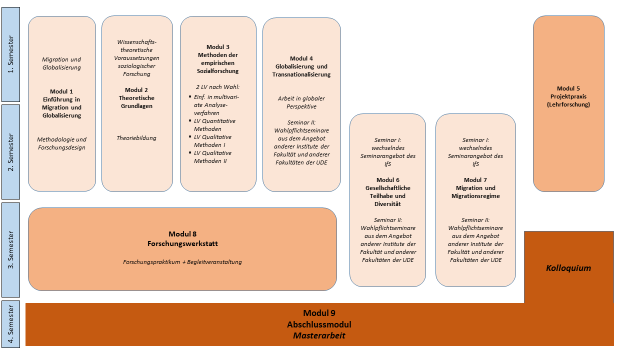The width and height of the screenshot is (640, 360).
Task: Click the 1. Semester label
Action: [x=10, y=54]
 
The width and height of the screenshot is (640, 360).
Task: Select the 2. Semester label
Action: [x=10, y=151]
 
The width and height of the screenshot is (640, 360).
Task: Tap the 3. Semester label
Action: [x=10, y=249]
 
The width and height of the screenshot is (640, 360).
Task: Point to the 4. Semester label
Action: [x=10, y=323]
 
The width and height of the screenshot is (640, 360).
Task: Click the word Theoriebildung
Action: [x=136, y=138]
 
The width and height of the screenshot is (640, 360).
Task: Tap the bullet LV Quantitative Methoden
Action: [x=214, y=125]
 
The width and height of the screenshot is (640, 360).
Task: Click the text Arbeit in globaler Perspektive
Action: [x=301, y=102]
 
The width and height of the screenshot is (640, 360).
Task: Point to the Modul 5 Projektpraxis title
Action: [x=568, y=96]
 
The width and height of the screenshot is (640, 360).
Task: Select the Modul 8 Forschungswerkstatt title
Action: [x=182, y=239]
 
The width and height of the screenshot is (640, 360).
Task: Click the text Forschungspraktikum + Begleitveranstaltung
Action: [x=182, y=262]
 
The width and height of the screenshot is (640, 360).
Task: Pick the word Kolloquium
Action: [x=568, y=268]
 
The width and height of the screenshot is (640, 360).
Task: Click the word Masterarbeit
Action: [x=319, y=335]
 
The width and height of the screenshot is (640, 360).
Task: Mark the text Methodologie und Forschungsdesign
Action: [x=61, y=143]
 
